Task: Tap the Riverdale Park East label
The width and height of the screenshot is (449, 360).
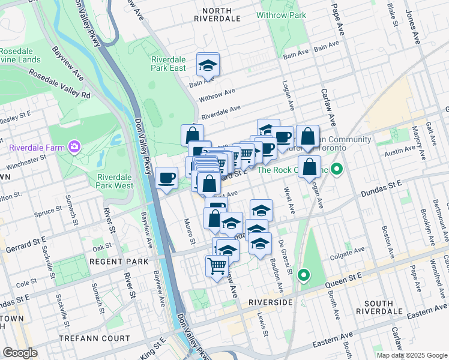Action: [169, 64]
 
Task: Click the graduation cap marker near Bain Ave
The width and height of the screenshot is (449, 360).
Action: [208, 65]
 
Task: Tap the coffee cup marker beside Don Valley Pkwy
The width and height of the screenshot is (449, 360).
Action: [167, 178]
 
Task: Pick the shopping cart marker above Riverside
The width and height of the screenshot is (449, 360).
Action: [217, 266]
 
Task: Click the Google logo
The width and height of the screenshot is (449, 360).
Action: [20, 352]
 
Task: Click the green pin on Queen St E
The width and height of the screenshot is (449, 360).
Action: [304, 275]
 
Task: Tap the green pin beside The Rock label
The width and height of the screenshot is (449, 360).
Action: [337, 170]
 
